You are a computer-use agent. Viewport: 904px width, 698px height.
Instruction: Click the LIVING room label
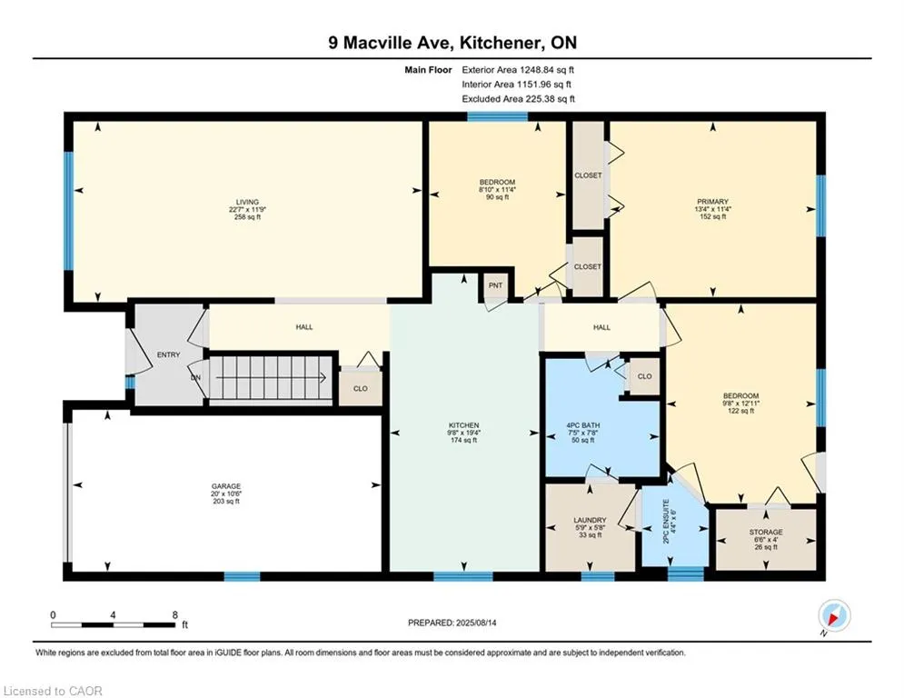tap(247, 202)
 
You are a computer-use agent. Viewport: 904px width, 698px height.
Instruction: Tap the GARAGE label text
tap(225, 486)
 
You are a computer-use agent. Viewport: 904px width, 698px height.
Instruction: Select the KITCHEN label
tap(463, 425)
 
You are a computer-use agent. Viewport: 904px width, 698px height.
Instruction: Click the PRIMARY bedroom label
tap(712, 202)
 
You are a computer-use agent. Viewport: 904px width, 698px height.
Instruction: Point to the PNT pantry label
tap(495, 285)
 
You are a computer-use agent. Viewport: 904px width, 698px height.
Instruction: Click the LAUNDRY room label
tap(590, 520)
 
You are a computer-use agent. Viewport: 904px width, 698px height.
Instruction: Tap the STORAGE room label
tap(766, 532)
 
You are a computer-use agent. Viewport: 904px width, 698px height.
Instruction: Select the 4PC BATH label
tap(583, 425)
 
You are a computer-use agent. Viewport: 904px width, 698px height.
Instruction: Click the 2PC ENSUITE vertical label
tap(667, 522)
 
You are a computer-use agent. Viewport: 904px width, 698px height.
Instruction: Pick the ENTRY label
tap(168, 354)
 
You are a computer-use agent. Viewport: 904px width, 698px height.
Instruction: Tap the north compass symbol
tap(834, 615)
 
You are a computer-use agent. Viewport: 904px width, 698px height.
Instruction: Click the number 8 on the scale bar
tap(174, 615)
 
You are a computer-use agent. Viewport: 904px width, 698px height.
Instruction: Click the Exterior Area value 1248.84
tap(537, 70)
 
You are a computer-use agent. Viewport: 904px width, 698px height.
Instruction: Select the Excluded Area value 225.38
tap(541, 99)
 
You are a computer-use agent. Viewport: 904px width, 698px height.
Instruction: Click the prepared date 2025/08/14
tap(476, 623)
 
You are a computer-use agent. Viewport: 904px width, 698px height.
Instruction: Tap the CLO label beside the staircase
tap(361, 388)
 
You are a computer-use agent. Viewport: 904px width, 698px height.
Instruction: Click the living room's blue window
tap(69, 211)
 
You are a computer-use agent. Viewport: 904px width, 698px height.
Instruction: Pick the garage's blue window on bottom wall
tap(243, 576)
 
